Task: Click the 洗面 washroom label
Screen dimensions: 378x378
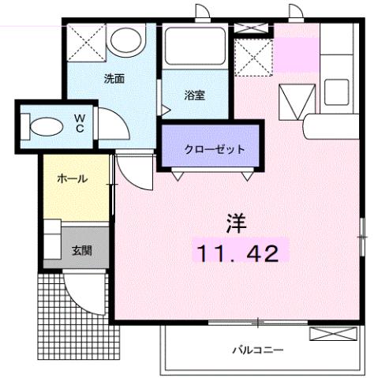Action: click(114, 79)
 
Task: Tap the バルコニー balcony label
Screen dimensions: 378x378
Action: click(257, 349)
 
